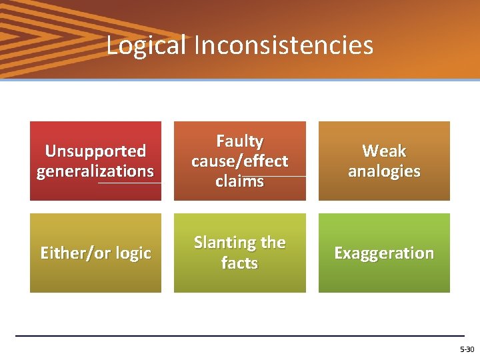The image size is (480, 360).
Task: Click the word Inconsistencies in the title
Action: (283, 45)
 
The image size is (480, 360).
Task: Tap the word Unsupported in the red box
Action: (95, 151)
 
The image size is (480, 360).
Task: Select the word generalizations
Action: (95, 171)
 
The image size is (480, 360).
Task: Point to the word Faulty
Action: (239, 141)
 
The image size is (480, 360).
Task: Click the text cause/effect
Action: (239, 161)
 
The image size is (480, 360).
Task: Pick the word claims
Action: (239, 181)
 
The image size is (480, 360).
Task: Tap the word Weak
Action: (384, 151)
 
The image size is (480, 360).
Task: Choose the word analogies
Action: (384, 171)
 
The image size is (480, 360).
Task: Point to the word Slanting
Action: (225, 243)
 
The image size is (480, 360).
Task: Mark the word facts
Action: (239, 263)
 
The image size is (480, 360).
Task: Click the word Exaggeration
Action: (384, 253)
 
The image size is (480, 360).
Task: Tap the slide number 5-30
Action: (467, 349)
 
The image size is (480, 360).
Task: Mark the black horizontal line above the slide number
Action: (240, 335)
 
